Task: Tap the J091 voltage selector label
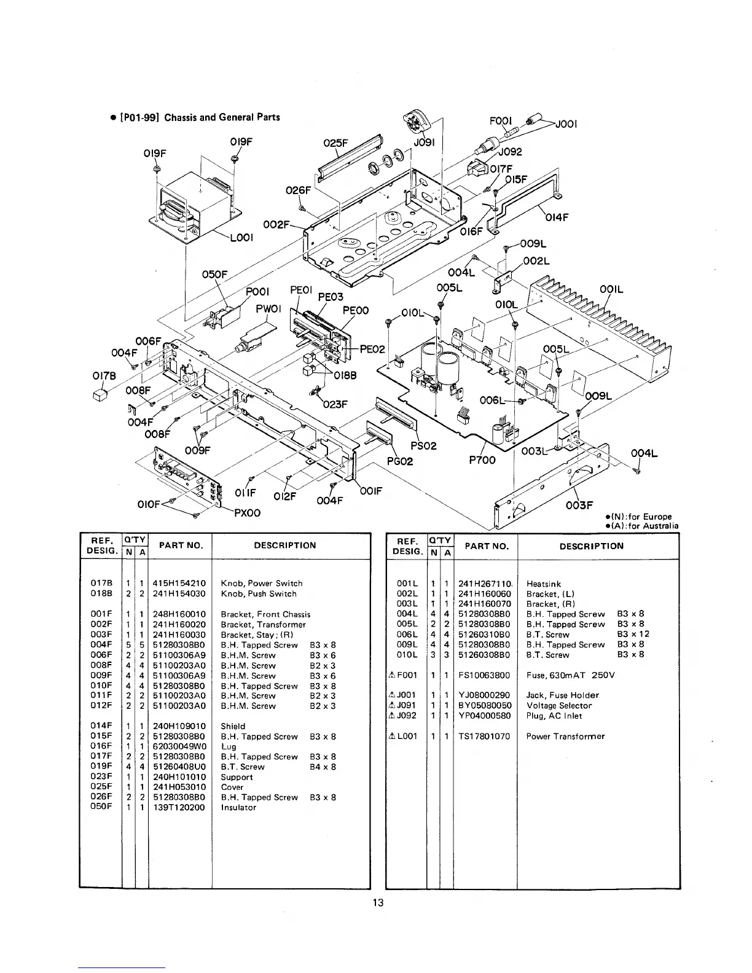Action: [x=424, y=143]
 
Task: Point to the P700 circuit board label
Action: [x=482, y=460]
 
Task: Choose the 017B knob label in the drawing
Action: [x=101, y=374]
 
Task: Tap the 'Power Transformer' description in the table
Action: [x=565, y=736]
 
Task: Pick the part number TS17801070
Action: [x=484, y=736]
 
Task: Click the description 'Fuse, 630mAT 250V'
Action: [x=570, y=675]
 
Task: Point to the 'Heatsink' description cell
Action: [x=543, y=584]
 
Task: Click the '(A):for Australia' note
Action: [x=641, y=526]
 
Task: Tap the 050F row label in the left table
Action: [x=101, y=807]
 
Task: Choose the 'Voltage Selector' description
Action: [x=558, y=706]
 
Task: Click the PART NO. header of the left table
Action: [x=180, y=545]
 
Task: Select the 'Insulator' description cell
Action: [x=238, y=807]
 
